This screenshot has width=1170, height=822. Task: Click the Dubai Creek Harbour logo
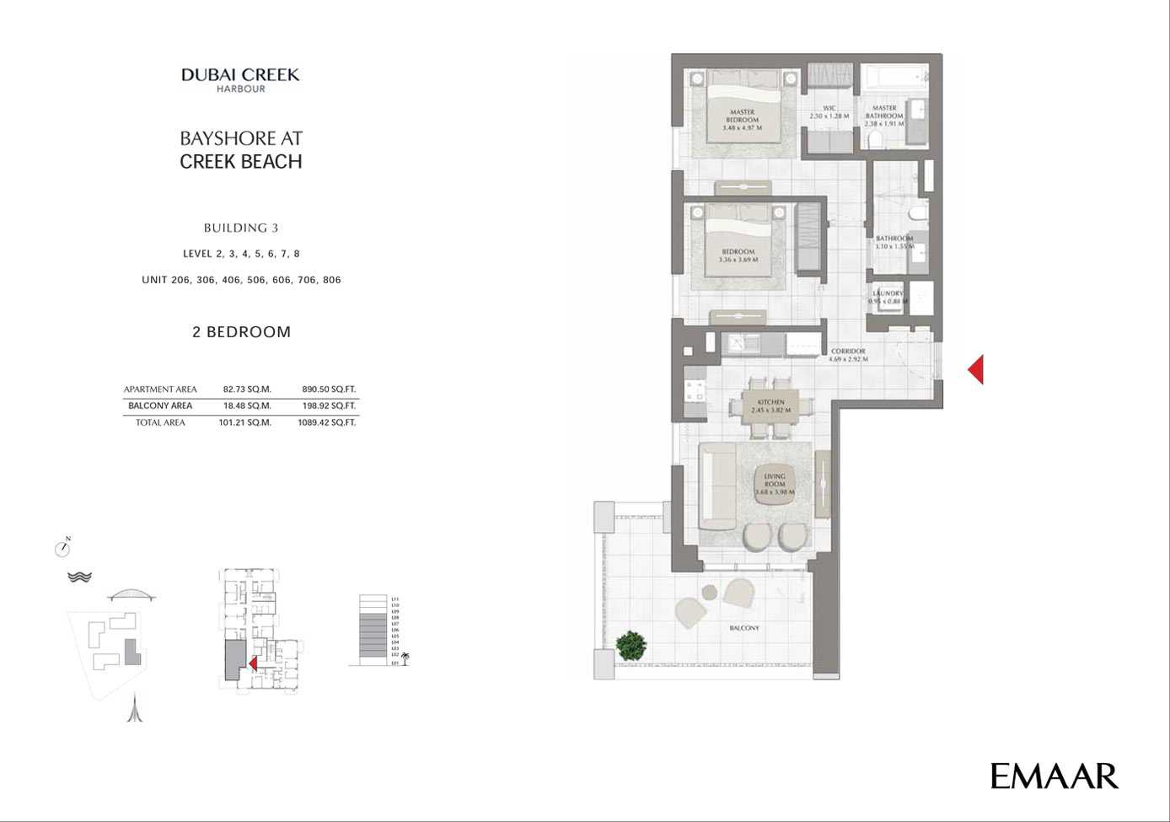pyautogui.click(x=240, y=79)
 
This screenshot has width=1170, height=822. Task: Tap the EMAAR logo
pyautogui.click(x=1054, y=776)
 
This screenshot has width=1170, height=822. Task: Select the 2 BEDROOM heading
pyautogui.click(x=241, y=332)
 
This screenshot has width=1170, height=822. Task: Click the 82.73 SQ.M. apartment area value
pyautogui.click(x=246, y=390)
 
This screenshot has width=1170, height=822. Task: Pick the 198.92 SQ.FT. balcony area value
pyautogui.click(x=329, y=406)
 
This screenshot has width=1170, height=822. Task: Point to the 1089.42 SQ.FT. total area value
pyautogui.click(x=326, y=422)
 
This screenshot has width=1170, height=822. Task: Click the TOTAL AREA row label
pyautogui.click(x=160, y=422)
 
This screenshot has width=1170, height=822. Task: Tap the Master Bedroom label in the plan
pyautogui.click(x=742, y=120)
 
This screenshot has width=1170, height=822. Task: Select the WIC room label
pyautogui.click(x=829, y=112)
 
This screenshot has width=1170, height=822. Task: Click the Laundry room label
pyautogui.click(x=888, y=297)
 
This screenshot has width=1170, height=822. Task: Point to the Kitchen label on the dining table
pyautogui.click(x=770, y=406)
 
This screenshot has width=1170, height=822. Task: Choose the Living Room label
pyautogui.click(x=774, y=484)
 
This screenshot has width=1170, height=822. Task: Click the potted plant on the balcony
pyautogui.click(x=631, y=646)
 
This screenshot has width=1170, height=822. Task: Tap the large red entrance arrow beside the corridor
pyautogui.click(x=976, y=369)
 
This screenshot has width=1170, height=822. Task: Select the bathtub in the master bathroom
pyautogui.click(x=896, y=79)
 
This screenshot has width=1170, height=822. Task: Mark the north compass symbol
pyautogui.click(x=62, y=549)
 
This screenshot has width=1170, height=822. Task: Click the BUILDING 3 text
pyautogui.click(x=241, y=228)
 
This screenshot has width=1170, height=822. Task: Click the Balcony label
pyautogui.click(x=744, y=628)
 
